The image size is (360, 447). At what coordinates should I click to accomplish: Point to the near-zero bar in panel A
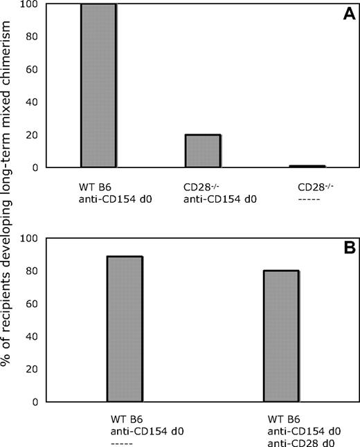click(x=307, y=166)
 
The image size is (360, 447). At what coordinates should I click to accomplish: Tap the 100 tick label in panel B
click(x=28, y=238)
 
